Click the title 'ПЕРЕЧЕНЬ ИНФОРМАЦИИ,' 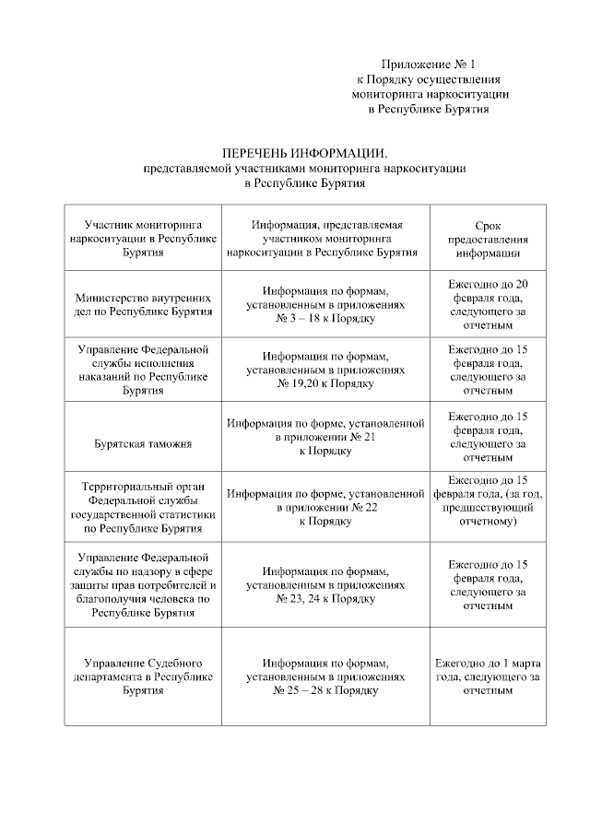coord(304,153)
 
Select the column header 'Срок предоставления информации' coord(488,238)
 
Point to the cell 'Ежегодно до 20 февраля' coord(488,304)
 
